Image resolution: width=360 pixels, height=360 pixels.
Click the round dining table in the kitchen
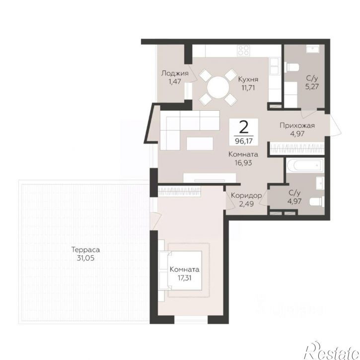pos(218,87)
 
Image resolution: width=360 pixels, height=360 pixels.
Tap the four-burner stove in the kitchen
pos(244,50)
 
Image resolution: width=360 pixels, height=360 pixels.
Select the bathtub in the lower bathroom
pos(305,165)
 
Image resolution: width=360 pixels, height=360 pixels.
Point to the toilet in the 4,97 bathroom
pos(317,202)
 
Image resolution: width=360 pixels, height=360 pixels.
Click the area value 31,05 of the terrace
pos(85,258)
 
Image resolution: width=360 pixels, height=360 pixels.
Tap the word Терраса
pos(85,249)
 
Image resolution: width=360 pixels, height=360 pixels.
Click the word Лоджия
pos(175,73)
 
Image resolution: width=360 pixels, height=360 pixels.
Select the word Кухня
pos(248,79)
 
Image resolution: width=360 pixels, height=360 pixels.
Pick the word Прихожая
pos(297,125)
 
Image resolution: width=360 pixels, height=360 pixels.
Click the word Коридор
pos(246,195)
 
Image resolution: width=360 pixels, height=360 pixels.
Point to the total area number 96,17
pos(244,141)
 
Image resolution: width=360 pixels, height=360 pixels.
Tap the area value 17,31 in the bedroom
pos(184,278)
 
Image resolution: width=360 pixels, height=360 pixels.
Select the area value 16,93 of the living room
pos(243,163)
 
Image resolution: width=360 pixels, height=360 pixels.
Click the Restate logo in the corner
pos(332,352)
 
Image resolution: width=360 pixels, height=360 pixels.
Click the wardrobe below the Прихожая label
pos(297,148)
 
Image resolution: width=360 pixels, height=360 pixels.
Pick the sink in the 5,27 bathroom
pos(312,49)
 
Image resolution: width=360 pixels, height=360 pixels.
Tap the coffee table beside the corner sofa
pos(200,144)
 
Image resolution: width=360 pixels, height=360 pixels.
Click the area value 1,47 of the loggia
pos(175,81)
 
